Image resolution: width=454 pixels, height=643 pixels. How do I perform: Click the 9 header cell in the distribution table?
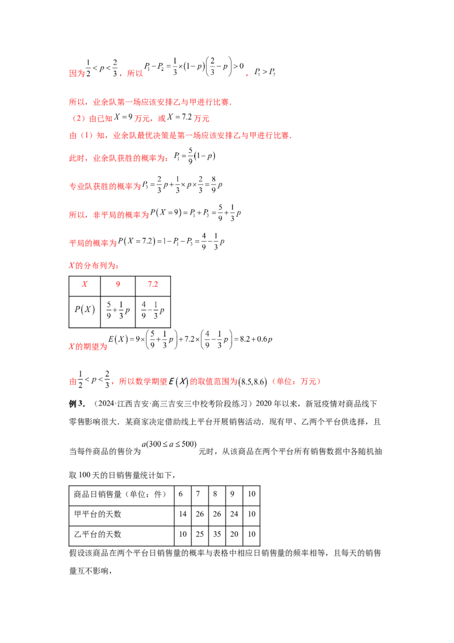point(117,286)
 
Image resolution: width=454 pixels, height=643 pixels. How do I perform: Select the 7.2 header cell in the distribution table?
point(153,286)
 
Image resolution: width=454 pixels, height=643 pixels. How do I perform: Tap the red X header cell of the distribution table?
point(85,286)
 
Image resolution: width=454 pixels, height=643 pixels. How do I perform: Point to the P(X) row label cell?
point(85,311)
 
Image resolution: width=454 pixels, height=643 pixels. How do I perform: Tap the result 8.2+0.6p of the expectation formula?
point(256,340)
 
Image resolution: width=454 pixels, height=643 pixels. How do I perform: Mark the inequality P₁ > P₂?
point(264,72)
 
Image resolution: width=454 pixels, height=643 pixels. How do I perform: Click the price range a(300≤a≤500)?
point(169,445)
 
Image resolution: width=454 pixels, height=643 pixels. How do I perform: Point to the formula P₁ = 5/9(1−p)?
point(195,156)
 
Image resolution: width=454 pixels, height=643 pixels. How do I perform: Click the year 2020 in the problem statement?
point(264,404)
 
